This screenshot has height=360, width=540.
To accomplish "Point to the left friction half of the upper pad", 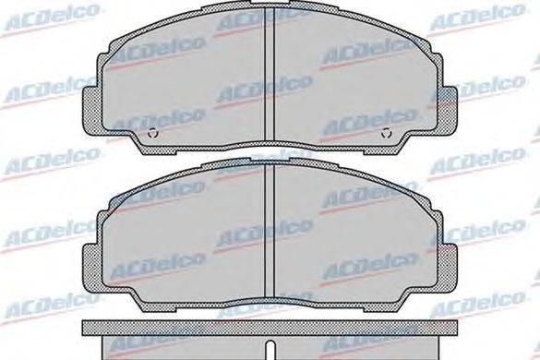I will click(185, 78).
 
